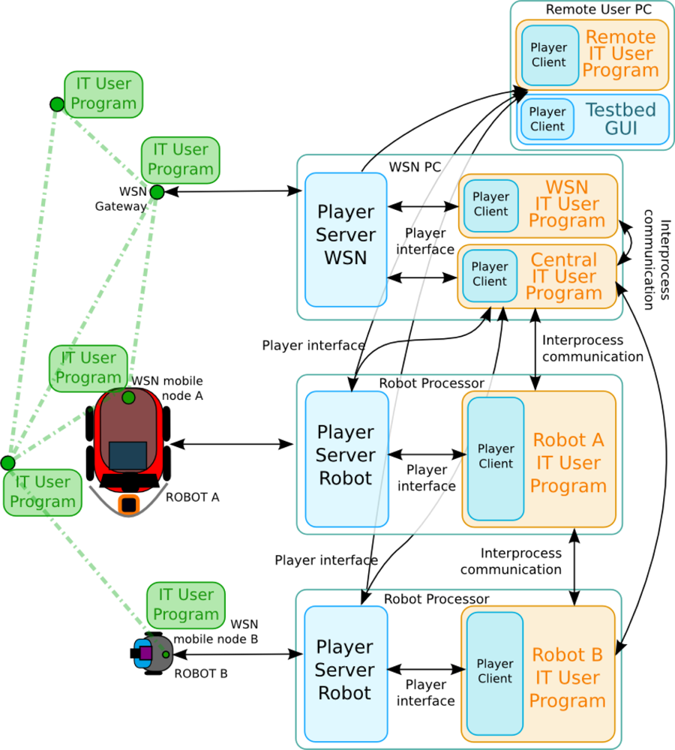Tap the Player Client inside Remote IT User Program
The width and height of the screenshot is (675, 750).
pyautogui.click(x=550, y=55)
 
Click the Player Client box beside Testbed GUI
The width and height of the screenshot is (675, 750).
pyautogui.click(x=547, y=119)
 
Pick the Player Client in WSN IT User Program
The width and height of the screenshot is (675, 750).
pyautogui.click(x=491, y=204)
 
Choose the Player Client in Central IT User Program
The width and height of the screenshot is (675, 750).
pyautogui.click(x=490, y=274)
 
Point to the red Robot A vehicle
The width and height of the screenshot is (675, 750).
pyautogui.click(x=129, y=442)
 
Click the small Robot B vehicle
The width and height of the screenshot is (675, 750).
pyautogui.click(x=148, y=653)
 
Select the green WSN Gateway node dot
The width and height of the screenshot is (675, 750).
pyautogui.click(x=157, y=193)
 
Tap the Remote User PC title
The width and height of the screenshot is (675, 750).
pyautogui.click(x=588, y=10)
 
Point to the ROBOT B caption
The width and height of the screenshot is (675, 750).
pyautogui.click(x=201, y=673)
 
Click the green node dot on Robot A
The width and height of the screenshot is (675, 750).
pyautogui.click(x=129, y=397)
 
